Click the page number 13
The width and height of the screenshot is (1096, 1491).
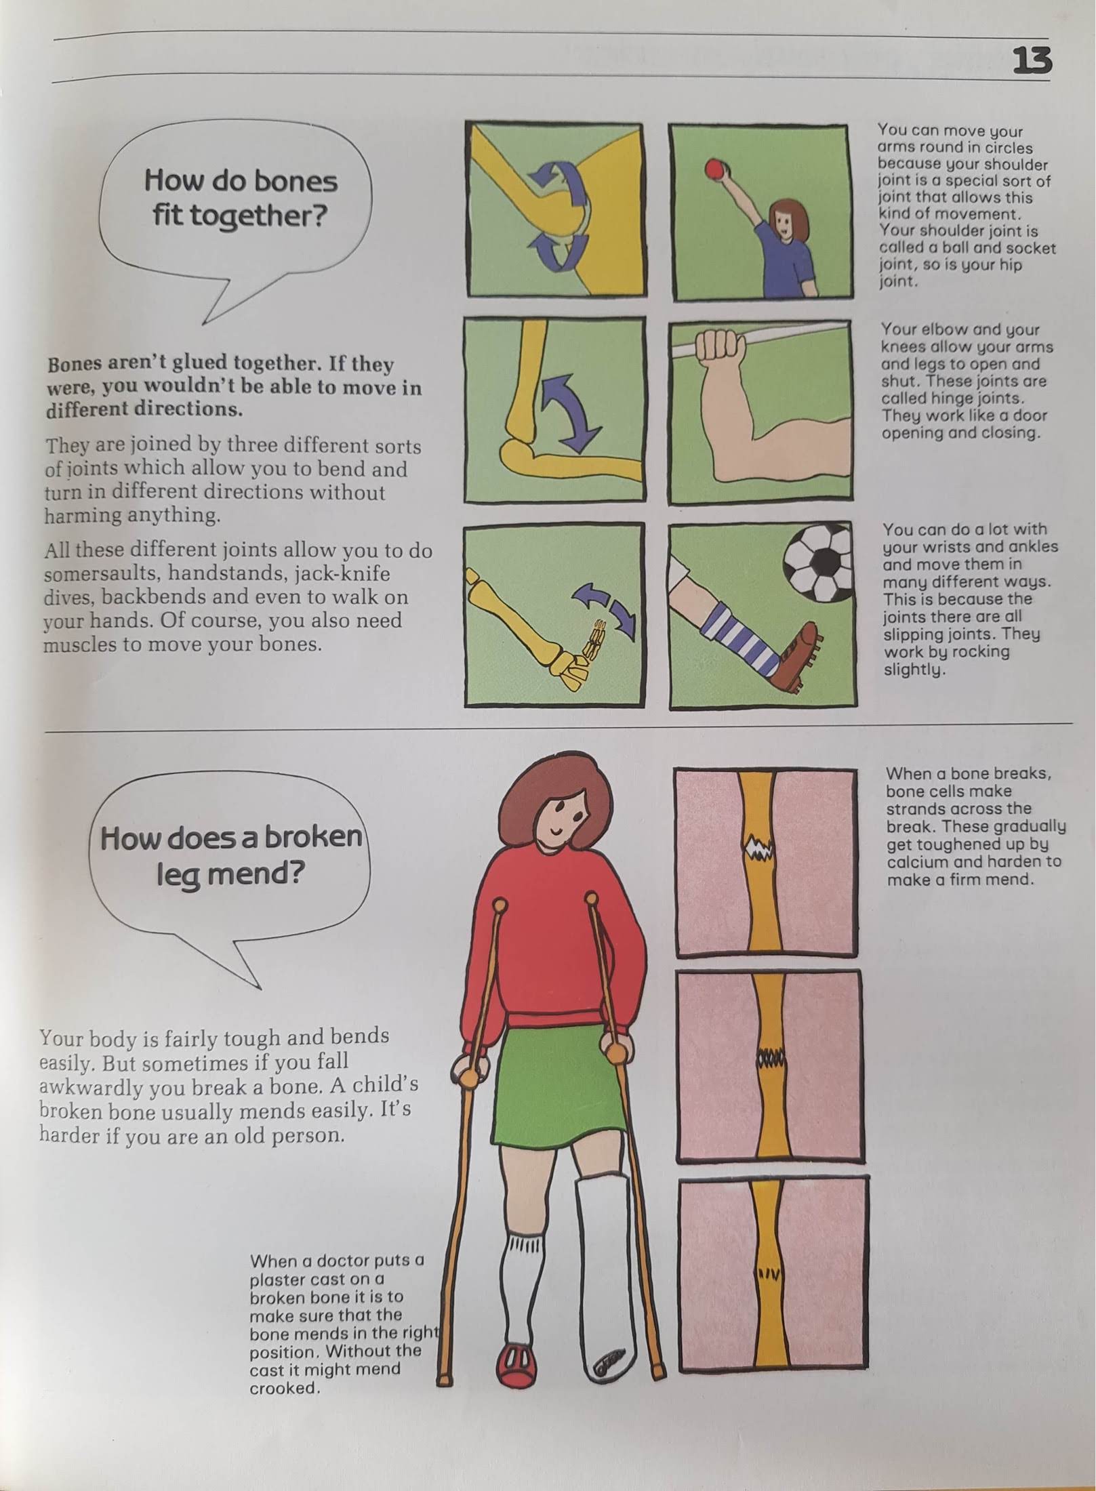tap(1032, 61)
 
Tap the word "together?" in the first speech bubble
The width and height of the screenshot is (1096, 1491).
tap(240, 217)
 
